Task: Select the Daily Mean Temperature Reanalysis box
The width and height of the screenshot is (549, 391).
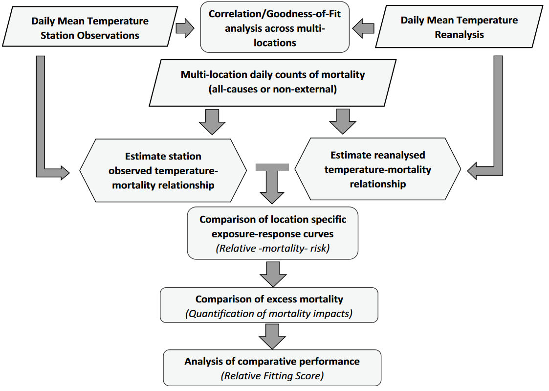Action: pyautogui.click(x=459, y=27)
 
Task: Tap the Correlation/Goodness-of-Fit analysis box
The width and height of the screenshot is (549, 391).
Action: pyautogui.click(x=275, y=28)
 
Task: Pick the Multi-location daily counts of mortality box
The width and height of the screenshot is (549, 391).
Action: pyautogui.click(x=273, y=82)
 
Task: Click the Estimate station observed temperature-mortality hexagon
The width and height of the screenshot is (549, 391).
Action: pyautogui.click(x=163, y=170)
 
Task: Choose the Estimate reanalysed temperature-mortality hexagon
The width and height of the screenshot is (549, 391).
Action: pyautogui.click(x=377, y=169)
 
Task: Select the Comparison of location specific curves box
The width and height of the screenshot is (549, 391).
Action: pyautogui.click(x=272, y=233)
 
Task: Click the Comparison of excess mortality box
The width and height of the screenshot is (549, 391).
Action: pyautogui.click(x=269, y=305)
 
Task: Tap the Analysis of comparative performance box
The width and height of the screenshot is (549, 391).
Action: pyautogui.click(x=272, y=368)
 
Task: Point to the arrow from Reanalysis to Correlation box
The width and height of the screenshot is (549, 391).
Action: pyautogui.click(x=364, y=28)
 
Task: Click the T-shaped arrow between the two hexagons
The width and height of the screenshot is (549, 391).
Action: pyautogui.click(x=272, y=184)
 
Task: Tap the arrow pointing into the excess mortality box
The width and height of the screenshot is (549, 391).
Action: pyautogui.click(x=272, y=274)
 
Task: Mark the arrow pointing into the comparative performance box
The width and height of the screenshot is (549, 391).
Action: pyautogui.click(x=272, y=336)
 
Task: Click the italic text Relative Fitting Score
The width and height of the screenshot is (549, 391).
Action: pyautogui.click(x=272, y=376)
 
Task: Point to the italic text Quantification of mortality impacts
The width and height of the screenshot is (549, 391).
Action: pyautogui.click(x=269, y=314)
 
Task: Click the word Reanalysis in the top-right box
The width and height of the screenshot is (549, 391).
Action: pyautogui.click(x=459, y=35)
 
